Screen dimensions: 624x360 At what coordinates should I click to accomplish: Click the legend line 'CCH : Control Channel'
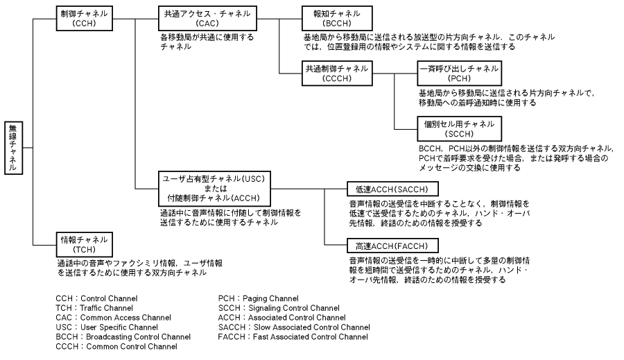point(96,299)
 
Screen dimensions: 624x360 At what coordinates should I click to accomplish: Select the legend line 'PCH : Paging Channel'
point(259,299)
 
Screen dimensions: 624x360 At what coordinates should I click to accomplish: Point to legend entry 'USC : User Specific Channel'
point(107,327)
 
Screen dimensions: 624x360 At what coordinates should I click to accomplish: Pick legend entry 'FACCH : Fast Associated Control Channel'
point(293,337)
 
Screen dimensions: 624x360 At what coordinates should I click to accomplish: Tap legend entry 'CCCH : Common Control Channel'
point(116,346)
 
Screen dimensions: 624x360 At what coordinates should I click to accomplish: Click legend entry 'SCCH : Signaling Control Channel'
point(279,308)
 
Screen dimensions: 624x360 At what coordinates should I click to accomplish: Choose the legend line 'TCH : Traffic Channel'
point(94,308)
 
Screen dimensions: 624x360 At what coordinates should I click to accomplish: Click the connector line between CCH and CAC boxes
point(135,18)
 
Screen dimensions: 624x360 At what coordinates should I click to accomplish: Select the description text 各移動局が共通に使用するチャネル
point(207,42)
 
